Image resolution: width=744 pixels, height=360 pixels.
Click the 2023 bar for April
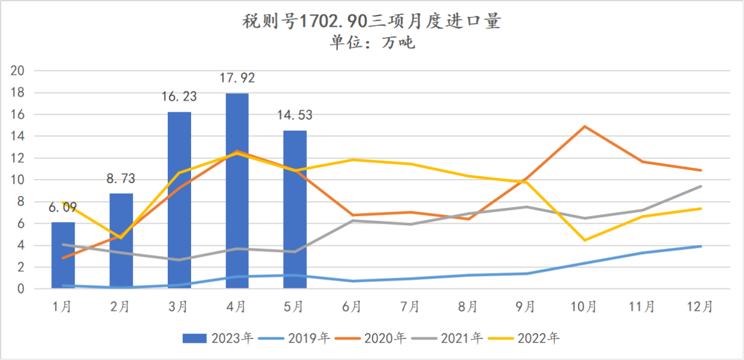[237, 191]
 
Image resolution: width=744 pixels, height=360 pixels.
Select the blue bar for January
[63, 256]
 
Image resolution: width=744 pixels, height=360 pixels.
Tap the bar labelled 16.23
[179, 200]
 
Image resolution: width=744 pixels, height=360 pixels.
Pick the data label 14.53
[294, 115]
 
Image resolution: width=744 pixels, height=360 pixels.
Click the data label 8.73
[121, 178]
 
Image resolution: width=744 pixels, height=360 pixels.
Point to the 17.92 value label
[237, 78]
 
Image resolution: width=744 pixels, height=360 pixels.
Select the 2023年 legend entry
[218, 339]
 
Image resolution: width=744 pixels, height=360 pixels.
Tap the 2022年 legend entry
[526, 339]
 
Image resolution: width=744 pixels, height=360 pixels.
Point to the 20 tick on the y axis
[18, 71]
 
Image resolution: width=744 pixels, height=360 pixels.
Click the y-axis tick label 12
[18, 158]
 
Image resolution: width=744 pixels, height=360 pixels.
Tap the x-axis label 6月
[352, 307]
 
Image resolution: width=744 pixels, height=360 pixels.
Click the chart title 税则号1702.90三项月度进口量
[371, 21]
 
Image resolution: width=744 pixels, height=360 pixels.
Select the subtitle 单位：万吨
[371, 43]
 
